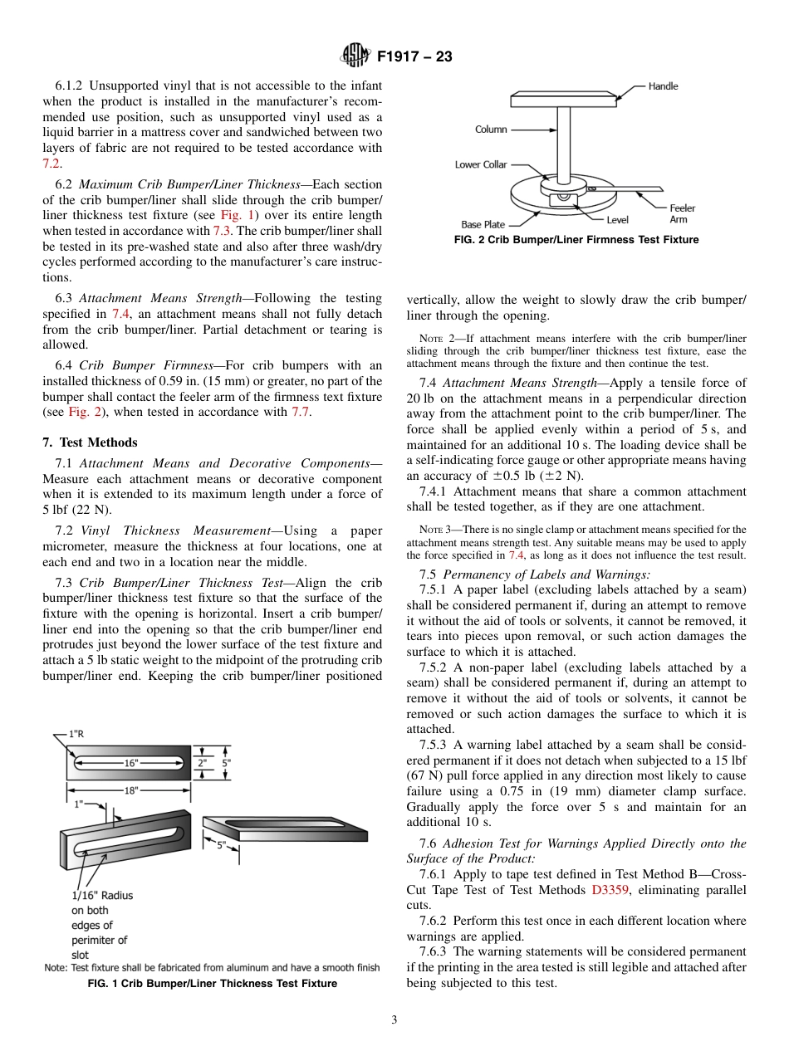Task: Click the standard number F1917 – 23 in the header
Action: [414, 57]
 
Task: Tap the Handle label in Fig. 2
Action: [663, 86]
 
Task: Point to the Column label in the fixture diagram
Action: [491, 130]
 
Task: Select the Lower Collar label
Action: [480, 164]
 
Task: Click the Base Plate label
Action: [483, 225]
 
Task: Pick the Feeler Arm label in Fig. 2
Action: [682, 213]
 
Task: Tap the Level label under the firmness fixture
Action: [617, 220]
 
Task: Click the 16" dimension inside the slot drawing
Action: [131, 761]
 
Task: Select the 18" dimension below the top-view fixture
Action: [131, 791]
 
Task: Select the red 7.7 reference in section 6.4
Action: [301, 413]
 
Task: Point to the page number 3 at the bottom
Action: [394, 1019]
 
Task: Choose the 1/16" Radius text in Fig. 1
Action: [101, 896]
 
